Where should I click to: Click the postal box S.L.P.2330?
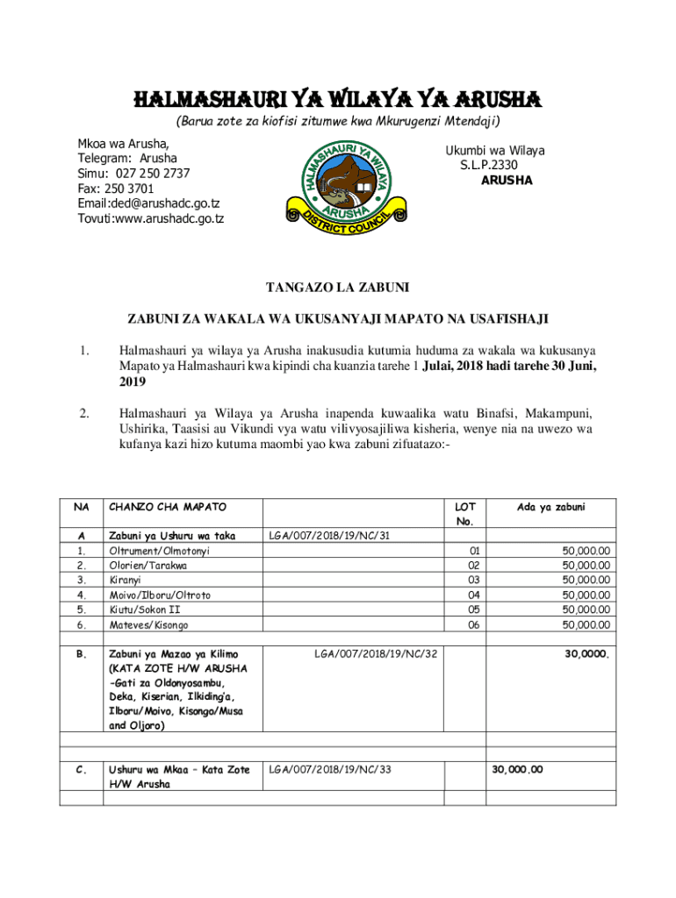[x=488, y=165]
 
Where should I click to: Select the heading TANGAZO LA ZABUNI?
[x=337, y=287]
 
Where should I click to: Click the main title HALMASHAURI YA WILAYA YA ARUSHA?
[x=337, y=96]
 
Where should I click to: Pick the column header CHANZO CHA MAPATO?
[x=167, y=507]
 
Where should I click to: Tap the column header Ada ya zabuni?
[x=551, y=507]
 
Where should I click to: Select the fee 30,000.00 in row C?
[x=517, y=770]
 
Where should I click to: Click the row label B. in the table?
[x=81, y=653]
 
